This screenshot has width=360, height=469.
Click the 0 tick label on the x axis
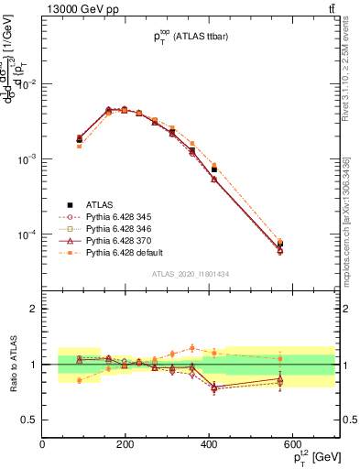click(43, 444)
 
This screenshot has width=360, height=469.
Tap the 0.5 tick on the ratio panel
click(30, 420)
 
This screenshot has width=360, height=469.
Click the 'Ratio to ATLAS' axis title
click(12, 364)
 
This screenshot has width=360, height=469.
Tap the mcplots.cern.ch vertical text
click(352, 211)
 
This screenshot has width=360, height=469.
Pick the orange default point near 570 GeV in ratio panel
click(280, 358)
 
